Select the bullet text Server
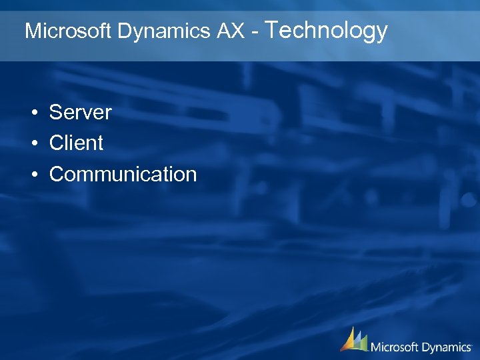pos(80,112)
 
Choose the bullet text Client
pos(76,143)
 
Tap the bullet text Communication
pos(123,174)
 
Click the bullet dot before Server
pos(33,113)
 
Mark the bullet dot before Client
pos(33,143)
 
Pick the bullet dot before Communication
pos(33,175)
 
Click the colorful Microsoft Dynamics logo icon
pos(354,339)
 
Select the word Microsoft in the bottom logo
pos(395,347)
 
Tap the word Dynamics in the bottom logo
pos(446,347)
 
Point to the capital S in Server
pos(56,112)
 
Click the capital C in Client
pos(57,143)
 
